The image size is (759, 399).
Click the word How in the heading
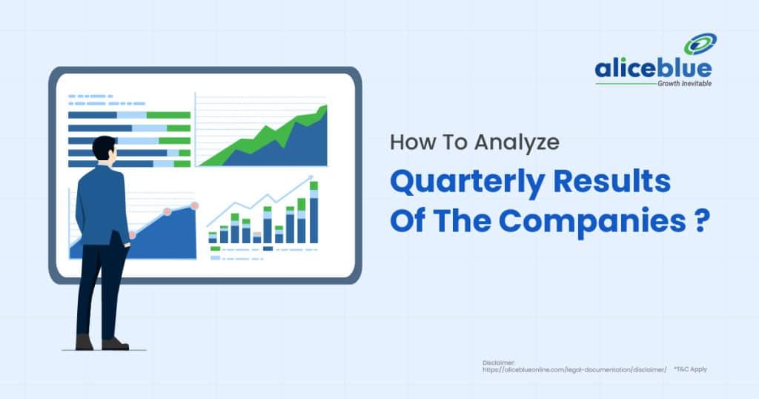tap(410, 143)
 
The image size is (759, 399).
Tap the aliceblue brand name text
tap(652, 69)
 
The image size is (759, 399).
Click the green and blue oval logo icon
tap(699, 44)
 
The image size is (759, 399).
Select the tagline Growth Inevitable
tap(684, 84)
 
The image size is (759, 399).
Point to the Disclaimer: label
tap(496, 362)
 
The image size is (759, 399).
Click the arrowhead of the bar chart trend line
tap(309, 178)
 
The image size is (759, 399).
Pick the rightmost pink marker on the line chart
tap(195, 205)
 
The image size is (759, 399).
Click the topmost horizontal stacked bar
tap(129, 115)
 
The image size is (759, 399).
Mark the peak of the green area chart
tap(323, 109)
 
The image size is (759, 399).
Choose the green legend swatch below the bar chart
tap(215, 248)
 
